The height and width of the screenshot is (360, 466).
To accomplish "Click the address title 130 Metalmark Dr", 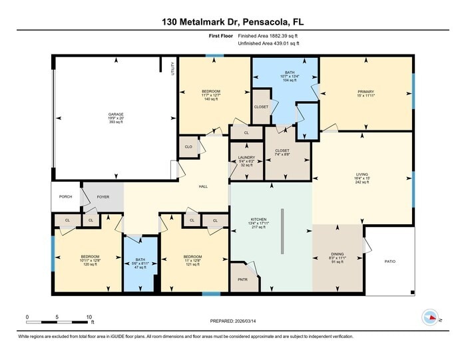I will [x=233, y=22].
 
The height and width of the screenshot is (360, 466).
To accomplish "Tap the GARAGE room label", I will [x=116, y=114].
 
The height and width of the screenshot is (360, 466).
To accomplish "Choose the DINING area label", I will [x=338, y=254].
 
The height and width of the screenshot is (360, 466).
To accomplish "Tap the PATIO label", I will [x=390, y=262].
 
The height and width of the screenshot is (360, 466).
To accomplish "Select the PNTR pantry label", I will [x=243, y=279].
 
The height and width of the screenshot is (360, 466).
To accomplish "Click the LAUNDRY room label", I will [x=246, y=158].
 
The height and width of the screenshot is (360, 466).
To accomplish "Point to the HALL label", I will [x=204, y=187].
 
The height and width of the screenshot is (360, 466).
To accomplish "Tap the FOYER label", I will [x=103, y=197].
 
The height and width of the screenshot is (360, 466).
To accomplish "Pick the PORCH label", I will [x=65, y=196].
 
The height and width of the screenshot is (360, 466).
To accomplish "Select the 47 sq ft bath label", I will [x=140, y=261].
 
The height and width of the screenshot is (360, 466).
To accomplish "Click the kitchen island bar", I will [x=282, y=231].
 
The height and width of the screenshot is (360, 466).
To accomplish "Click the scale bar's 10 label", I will [x=89, y=317].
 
